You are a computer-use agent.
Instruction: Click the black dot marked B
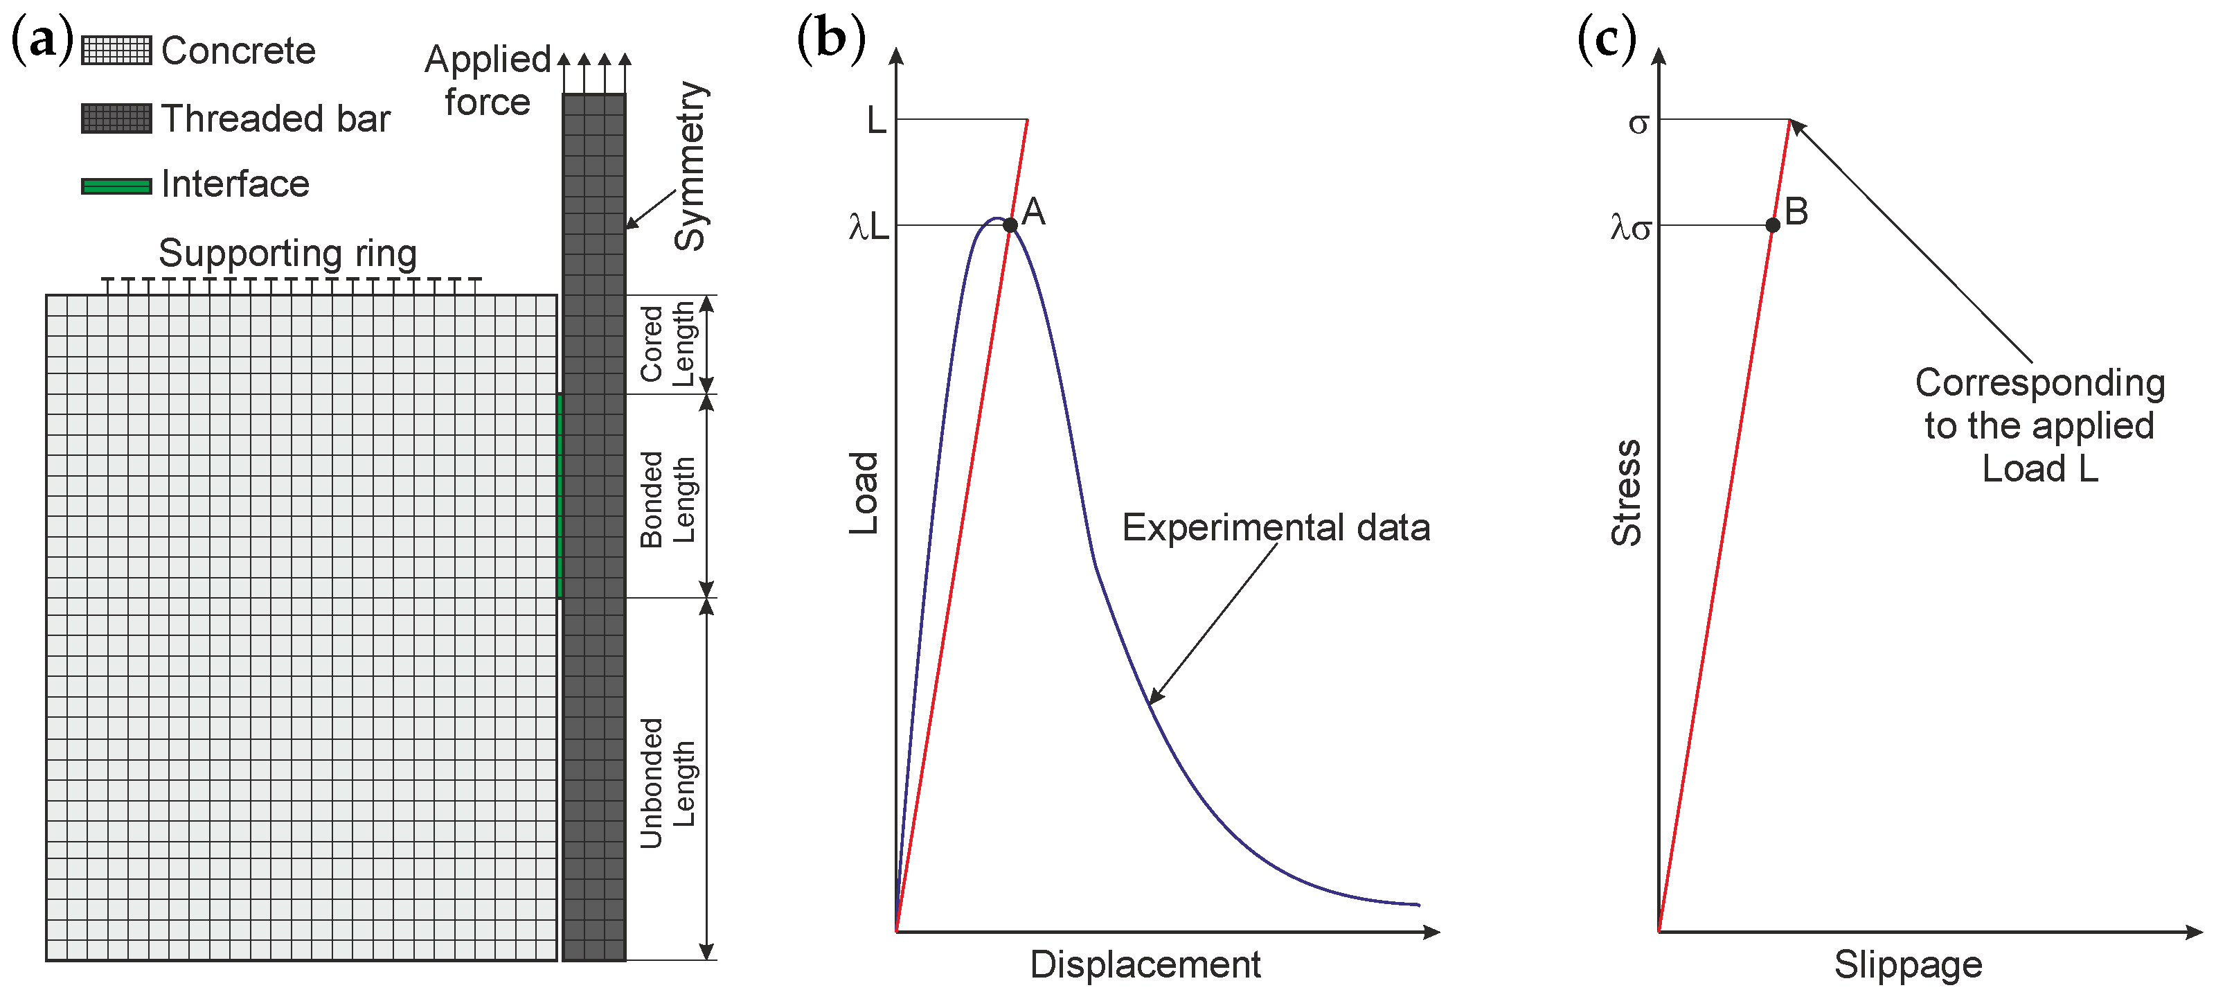1772,225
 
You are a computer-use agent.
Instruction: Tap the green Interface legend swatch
116,186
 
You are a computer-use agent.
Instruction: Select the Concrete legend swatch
116,51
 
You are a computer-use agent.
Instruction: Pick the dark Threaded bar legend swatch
116,118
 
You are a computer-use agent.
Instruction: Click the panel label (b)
830,39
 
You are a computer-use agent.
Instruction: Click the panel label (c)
1606,39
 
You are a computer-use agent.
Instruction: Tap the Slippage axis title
1907,964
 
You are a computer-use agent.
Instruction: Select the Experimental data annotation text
1275,527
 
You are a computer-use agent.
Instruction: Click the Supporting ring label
287,253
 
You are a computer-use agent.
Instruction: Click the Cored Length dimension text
667,344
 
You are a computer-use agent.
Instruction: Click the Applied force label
487,80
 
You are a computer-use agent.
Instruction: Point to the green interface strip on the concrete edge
560,495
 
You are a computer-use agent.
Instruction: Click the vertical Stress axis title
1626,493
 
